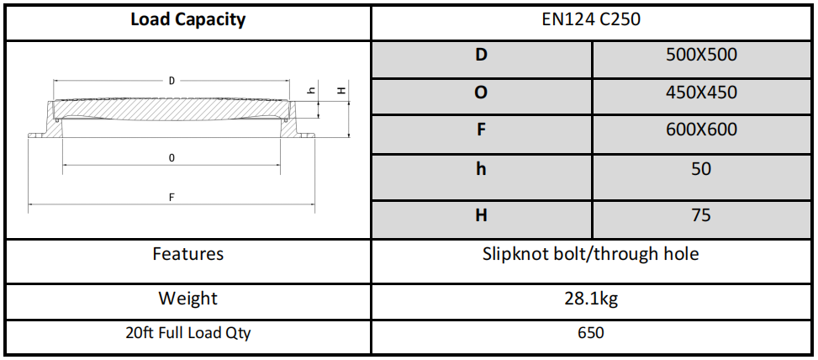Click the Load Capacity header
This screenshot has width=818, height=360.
[x=187, y=20]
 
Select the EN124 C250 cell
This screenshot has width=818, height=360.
[x=592, y=20]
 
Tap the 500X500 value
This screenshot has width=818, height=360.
[x=701, y=55]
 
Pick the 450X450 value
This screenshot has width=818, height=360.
[x=701, y=93]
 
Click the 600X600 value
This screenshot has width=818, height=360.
[x=701, y=130]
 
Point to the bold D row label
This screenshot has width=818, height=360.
[x=481, y=55]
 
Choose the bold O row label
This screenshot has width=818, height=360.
[x=481, y=93]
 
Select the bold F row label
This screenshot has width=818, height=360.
[x=481, y=130]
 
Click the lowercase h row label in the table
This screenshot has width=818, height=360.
[x=481, y=169]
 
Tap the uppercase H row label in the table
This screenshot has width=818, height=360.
[x=481, y=214]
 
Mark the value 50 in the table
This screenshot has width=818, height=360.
[x=701, y=169]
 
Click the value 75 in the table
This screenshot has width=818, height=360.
[x=701, y=214]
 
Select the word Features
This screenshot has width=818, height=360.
[x=187, y=253]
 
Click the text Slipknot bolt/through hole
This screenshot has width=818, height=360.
[x=590, y=254]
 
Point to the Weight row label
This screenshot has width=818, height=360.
[x=187, y=299]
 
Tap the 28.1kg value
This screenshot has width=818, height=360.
[x=591, y=299]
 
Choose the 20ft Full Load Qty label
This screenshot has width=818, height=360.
[x=187, y=333]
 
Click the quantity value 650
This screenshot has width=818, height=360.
[x=591, y=333]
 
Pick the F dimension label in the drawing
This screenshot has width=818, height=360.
[x=172, y=198]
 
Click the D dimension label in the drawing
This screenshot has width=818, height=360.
[x=172, y=81]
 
